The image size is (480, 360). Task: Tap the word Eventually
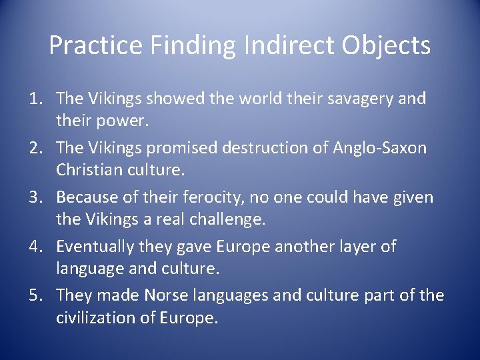95,247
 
